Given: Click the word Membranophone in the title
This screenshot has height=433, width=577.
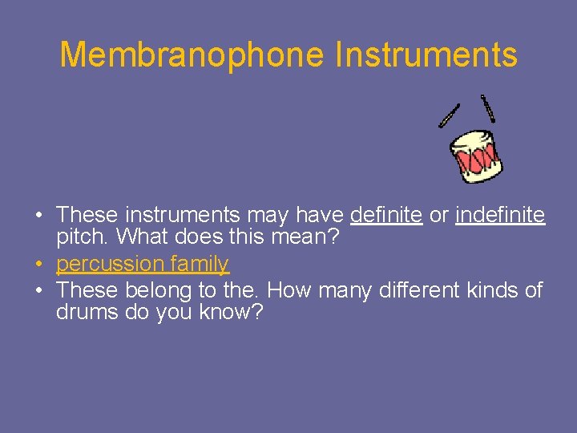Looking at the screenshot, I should click(192, 55).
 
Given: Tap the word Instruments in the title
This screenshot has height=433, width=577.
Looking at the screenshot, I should click(426, 55).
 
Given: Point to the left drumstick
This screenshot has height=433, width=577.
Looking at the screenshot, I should click(449, 115).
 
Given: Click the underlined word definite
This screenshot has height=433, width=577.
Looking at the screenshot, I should click(386, 215).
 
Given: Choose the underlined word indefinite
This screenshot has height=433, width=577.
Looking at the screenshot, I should click(500, 215).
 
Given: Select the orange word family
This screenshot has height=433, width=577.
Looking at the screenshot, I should click(199, 264).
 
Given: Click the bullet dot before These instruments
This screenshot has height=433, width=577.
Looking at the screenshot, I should click(38, 216).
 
